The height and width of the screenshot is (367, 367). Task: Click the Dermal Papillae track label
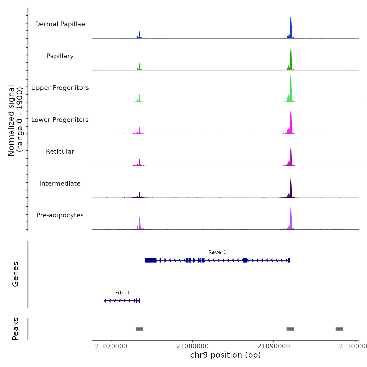[x=60, y=24]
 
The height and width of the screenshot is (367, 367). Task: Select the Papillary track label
[x=60, y=56]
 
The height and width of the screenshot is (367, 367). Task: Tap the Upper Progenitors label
[x=60, y=88]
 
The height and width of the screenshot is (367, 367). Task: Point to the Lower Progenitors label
[x=60, y=120]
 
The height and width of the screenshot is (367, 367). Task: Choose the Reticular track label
[x=60, y=152]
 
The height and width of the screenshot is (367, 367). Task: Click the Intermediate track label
[x=60, y=183]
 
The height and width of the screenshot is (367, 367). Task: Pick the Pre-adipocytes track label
[x=60, y=215]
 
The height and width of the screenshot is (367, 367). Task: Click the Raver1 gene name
[x=217, y=252]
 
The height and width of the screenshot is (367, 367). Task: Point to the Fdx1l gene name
[x=122, y=293]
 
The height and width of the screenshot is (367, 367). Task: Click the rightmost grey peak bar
[x=339, y=329]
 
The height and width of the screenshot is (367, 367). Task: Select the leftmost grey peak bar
[x=139, y=329]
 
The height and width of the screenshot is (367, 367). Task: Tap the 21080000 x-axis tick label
[x=192, y=346]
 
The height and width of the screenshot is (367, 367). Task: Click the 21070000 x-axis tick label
[x=111, y=346]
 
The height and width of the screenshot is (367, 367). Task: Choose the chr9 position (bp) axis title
[x=225, y=355]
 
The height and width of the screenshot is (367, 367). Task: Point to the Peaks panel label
[x=15, y=329]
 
